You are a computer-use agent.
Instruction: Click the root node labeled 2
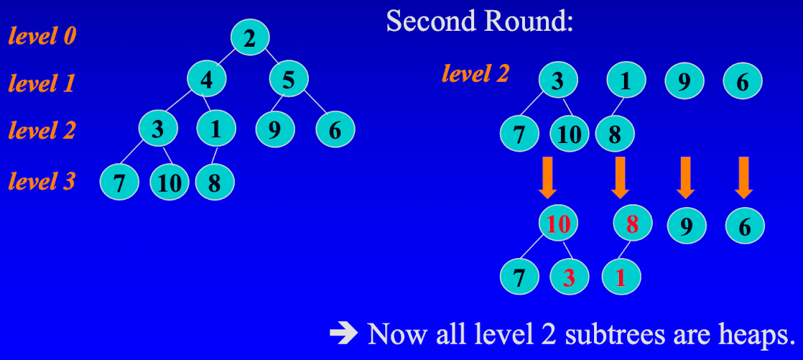pyautogui.click(x=249, y=37)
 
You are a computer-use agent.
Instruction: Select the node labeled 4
pyautogui.click(x=207, y=79)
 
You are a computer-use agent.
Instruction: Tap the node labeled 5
pyautogui.click(x=289, y=79)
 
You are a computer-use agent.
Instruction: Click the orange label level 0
pyautogui.click(x=42, y=35)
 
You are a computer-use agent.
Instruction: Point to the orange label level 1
pyautogui.click(x=42, y=83)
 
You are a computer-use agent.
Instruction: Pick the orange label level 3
pyautogui.click(x=42, y=180)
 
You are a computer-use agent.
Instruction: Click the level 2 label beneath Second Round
pyautogui.click(x=475, y=73)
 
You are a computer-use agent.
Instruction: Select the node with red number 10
pyautogui.click(x=558, y=224)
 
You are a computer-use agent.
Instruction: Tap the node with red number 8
pyautogui.click(x=632, y=223)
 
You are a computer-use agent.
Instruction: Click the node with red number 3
pyautogui.click(x=569, y=277)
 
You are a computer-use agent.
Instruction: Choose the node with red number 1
pyautogui.click(x=621, y=277)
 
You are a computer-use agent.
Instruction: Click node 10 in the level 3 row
pyautogui.click(x=170, y=183)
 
